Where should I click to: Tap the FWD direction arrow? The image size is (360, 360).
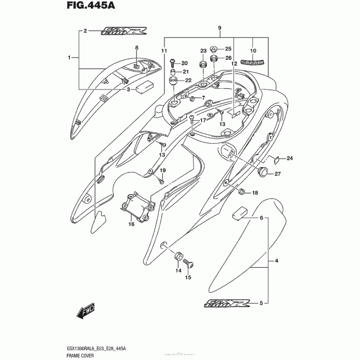tap(85, 311)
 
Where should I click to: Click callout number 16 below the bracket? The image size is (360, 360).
tap(131, 224)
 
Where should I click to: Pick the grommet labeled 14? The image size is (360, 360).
tap(178, 257)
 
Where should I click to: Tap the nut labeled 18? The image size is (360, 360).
tap(241, 192)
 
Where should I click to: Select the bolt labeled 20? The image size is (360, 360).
tap(173, 63)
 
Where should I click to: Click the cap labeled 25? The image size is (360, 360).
tap(215, 49)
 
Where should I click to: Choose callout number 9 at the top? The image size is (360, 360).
tap(220, 28)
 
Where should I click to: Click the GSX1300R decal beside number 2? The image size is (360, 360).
tap(118, 31)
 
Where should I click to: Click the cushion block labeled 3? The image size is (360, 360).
tap(145, 85)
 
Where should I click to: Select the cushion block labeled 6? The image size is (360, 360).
tap(241, 212)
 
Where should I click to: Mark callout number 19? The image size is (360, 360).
tap(163, 170)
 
